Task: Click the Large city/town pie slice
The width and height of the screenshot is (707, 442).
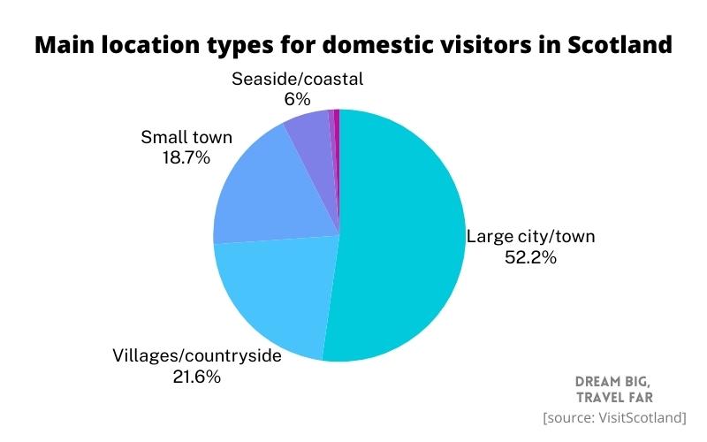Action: pos(402,239)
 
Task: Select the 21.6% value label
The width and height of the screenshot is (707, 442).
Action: pos(196,377)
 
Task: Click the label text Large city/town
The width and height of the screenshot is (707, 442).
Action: pos(531,236)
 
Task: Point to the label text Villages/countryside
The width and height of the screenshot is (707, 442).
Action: pos(196,356)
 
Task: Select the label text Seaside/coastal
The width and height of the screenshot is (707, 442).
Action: pos(297,79)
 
